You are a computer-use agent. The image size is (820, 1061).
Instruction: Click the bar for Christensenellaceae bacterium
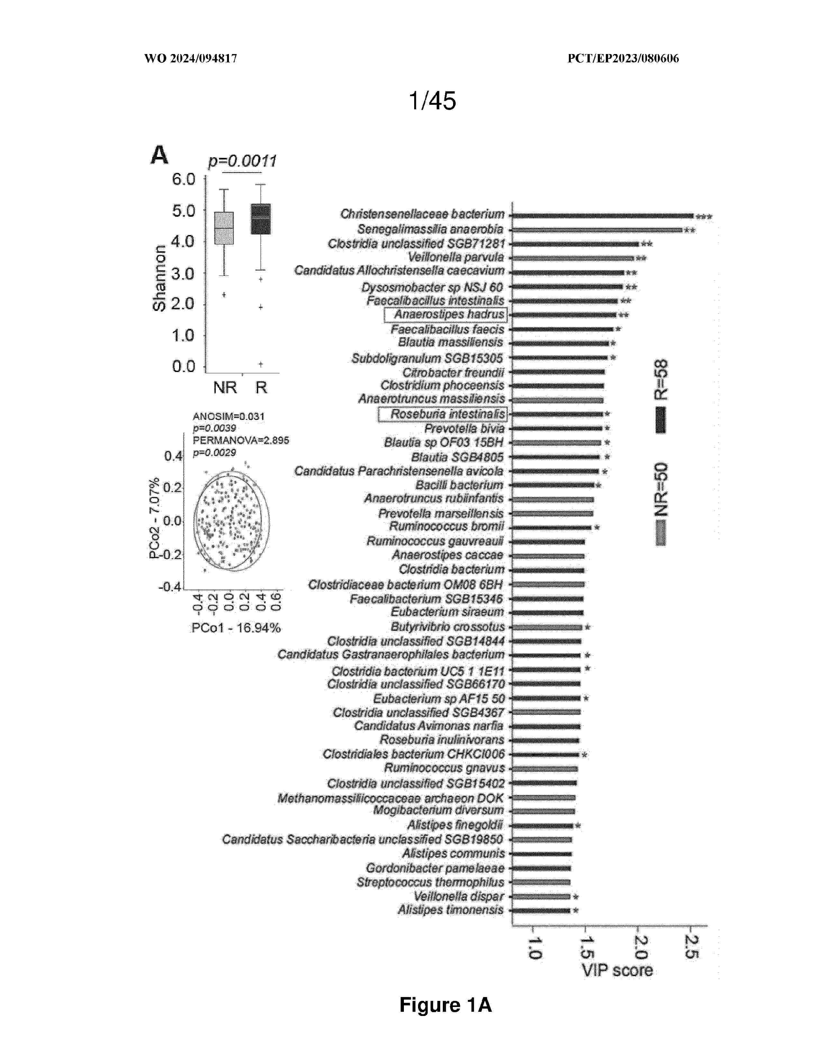pos(602,216)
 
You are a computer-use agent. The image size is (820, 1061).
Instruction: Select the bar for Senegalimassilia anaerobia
pos(597,230)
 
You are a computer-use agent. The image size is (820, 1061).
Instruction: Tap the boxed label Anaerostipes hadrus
pos(445,315)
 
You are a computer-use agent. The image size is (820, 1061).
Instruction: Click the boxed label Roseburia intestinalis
pos(442,414)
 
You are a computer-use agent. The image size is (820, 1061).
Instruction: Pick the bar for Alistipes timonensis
pos(541,911)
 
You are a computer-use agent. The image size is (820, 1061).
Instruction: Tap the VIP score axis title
pos(617,970)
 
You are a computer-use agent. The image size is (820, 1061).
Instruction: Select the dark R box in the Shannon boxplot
pos(261,219)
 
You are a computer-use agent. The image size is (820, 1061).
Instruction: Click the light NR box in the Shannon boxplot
pos(224,228)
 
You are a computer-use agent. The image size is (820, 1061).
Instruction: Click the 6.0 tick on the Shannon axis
pos(184,179)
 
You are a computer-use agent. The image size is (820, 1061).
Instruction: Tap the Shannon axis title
pos(159,277)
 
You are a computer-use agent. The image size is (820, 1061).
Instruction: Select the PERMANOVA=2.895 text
pos(241,440)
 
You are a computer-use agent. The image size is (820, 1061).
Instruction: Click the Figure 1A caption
pos(445,1005)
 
